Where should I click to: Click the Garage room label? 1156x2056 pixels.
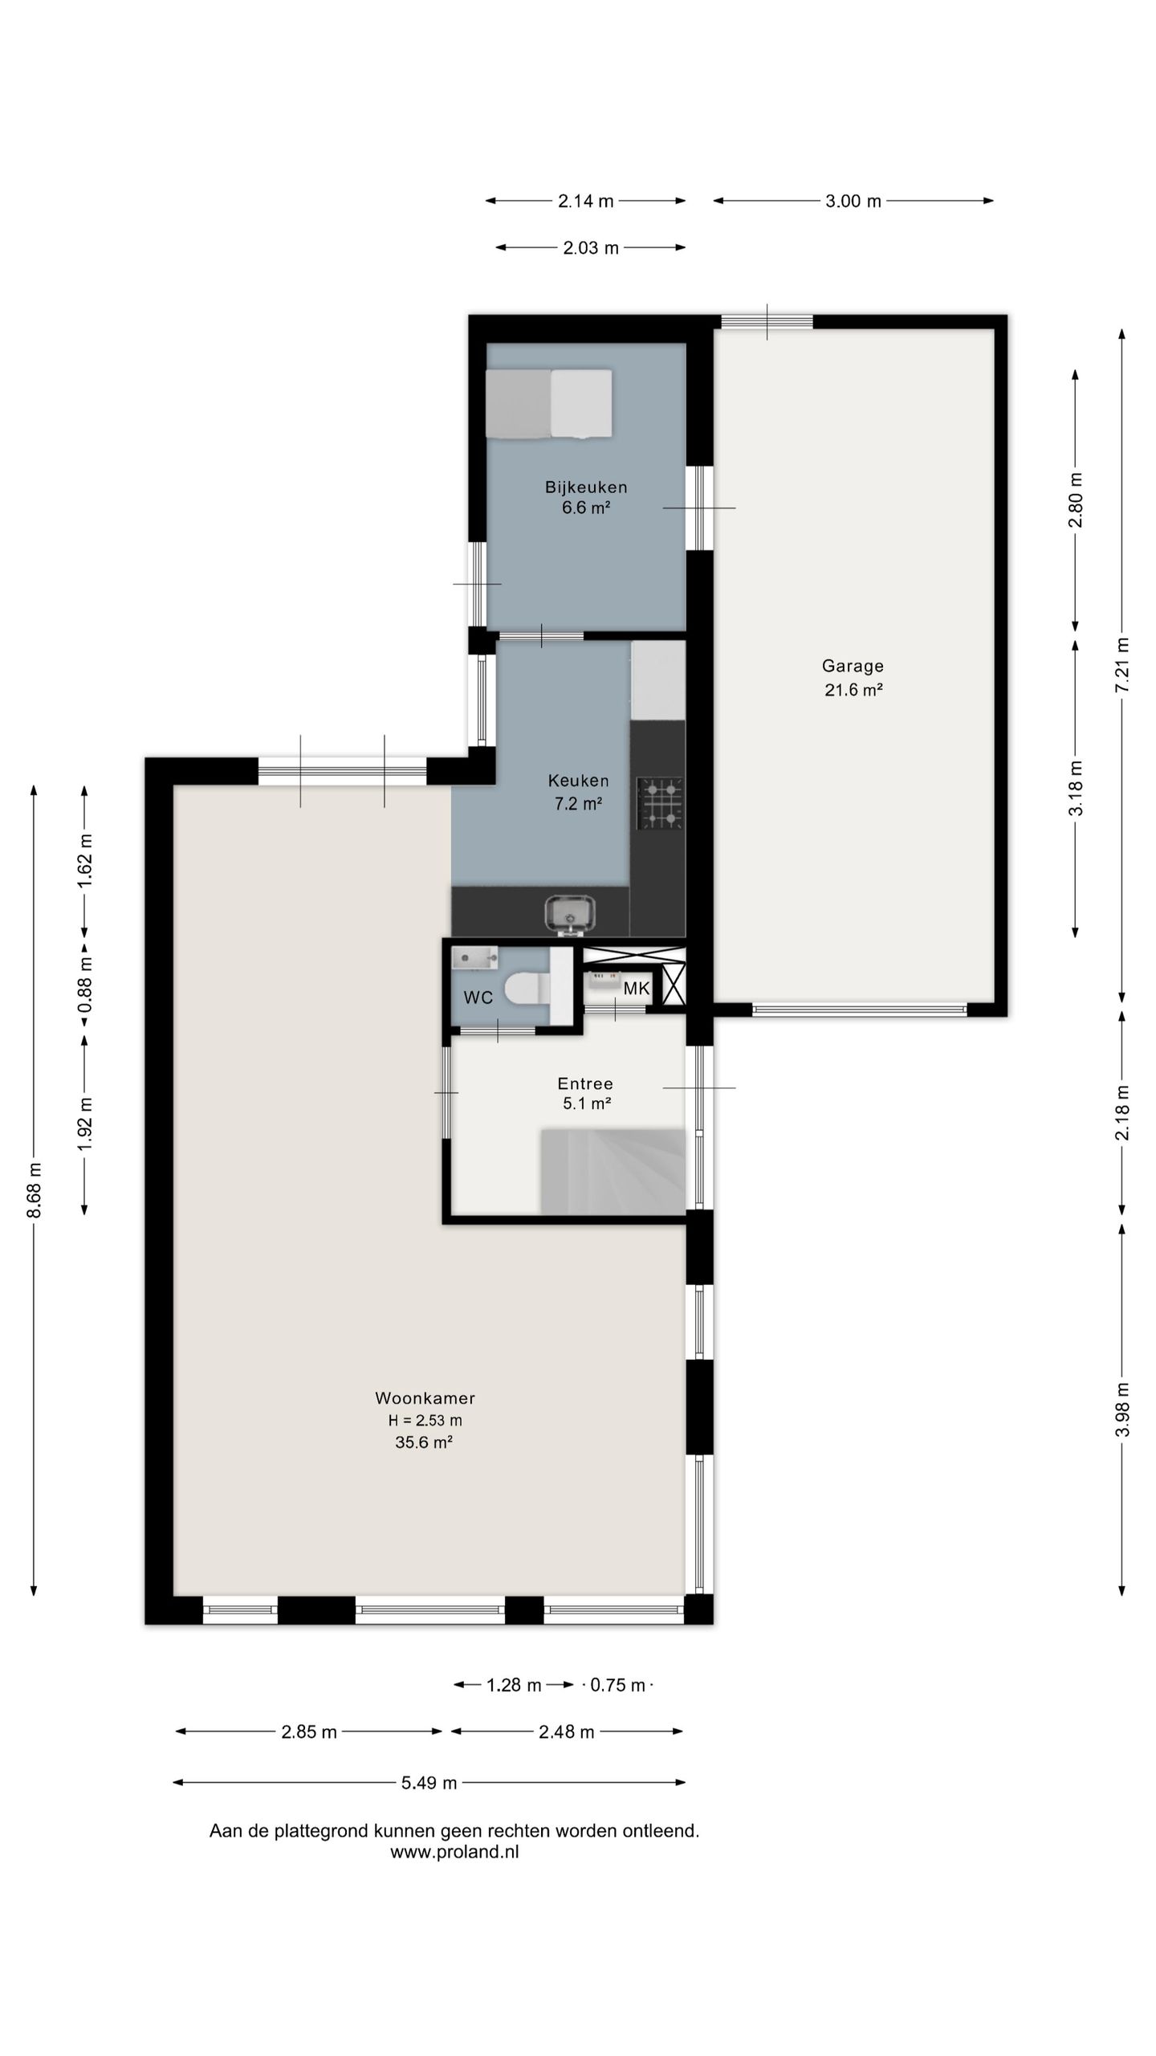pos(853,666)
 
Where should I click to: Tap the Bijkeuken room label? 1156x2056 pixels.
pos(586,487)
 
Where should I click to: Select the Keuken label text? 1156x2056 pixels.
pos(578,780)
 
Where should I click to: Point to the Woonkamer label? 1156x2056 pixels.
pos(425,1398)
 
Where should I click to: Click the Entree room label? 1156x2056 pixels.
pos(586,1083)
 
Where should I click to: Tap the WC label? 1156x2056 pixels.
pos(478,997)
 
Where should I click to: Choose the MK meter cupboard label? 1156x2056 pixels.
pos(637,989)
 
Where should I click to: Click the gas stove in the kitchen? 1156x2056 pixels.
pos(661,803)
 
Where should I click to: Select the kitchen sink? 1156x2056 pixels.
pos(570,916)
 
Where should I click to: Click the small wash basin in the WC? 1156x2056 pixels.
pos(474,957)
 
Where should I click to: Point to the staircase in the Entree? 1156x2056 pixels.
pos(613,1171)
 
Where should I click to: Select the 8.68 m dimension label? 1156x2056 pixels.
pos(34,1189)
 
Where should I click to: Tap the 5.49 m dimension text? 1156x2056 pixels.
pos(429,1783)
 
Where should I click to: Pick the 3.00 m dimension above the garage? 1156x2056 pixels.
pos(853,201)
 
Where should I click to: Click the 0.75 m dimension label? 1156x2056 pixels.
pos(617,1685)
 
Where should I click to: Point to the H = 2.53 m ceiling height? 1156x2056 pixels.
pos(425,1420)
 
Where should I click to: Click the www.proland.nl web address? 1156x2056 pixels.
pos(454,1852)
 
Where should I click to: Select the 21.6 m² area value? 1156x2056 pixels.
pos(853,689)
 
